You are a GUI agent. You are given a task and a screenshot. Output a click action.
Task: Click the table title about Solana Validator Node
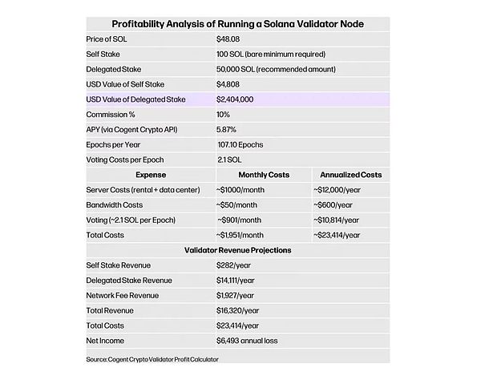(x=237, y=24)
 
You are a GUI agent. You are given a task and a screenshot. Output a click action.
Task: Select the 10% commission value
(x=224, y=114)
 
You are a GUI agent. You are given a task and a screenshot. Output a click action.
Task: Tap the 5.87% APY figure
(x=228, y=129)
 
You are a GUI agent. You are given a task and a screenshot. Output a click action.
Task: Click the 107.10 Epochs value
(x=240, y=144)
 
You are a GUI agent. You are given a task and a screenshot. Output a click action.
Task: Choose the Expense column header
(x=151, y=174)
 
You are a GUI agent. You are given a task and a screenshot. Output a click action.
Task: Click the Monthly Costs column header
(x=264, y=174)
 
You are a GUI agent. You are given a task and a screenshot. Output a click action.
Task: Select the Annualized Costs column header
(x=351, y=174)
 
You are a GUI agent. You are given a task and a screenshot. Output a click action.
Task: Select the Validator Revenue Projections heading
(x=237, y=250)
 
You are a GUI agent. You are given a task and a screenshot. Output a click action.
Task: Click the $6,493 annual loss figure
(x=252, y=341)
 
